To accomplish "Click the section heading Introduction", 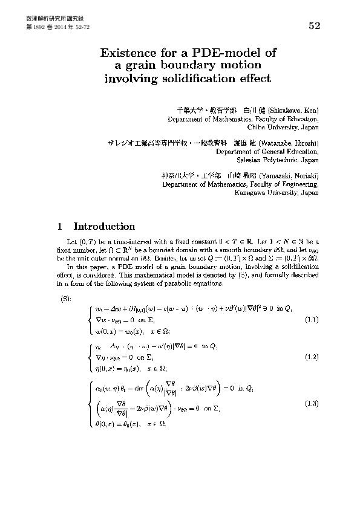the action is coord(104,227).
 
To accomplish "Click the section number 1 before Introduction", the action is coord(59,227).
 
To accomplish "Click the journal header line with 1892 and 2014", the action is coord(57,28).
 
